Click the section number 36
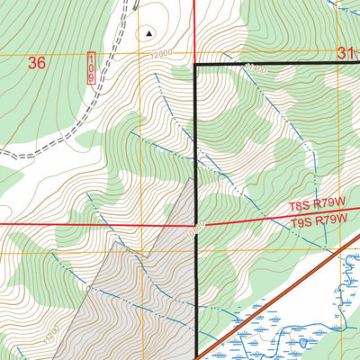[x=37, y=62]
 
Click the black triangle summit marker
[x=149, y=33]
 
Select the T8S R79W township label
[x=318, y=206]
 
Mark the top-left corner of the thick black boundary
[x=197, y=66]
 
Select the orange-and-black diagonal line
[x=270, y=305]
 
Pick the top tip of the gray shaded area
[x=192, y=179]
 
